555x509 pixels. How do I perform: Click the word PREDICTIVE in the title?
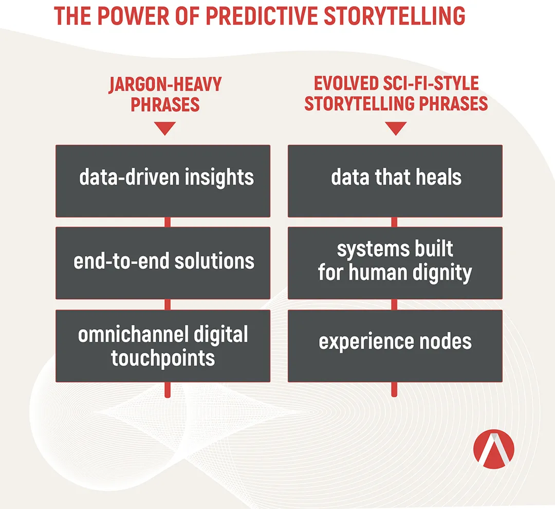(262, 16)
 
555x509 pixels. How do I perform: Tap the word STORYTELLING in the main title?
(394, 16)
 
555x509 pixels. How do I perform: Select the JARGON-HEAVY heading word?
(165, 85)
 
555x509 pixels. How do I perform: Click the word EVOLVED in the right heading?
(346, 84)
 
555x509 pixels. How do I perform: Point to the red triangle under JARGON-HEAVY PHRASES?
(165, 128)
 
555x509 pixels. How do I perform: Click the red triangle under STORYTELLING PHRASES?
(396, 128)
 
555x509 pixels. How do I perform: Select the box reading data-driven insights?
(163, 181)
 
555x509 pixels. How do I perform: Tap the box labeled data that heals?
(395, 181)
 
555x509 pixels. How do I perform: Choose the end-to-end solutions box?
(163, 263)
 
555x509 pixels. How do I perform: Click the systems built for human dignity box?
(395, 263)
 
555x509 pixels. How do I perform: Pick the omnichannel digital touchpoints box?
(163, 346)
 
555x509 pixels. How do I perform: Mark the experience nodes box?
(395, 346)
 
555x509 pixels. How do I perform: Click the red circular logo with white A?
(494, 449)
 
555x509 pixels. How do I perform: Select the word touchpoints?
(163, 358)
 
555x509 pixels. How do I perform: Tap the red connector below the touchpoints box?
(168, 390)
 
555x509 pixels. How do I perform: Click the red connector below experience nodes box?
(394, 389)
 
